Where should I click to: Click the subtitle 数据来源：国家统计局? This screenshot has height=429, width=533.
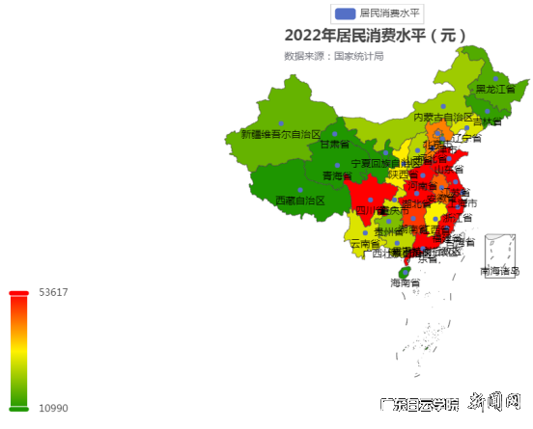click(x=333, y=56)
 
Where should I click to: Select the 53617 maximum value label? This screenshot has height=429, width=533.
click(x=53, y=292)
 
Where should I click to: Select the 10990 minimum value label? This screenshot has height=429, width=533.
click(x=53, y=408)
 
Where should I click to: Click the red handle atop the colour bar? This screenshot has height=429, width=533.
click(x=18, y=293)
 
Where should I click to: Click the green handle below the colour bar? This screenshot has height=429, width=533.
click(x=18, y=408)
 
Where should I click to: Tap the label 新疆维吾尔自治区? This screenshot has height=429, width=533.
click(x=280, y=134)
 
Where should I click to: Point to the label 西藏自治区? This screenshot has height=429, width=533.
click(x=300, y=201)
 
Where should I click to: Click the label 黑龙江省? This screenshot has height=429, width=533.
click(x=495, y=90)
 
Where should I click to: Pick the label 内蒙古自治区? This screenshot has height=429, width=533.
click(x=442, y=117)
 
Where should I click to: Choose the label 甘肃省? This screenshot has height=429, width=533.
click(x=336, y=145)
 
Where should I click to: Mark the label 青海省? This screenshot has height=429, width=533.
click(x=337, y=175)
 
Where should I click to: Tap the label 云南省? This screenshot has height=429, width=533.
click(x=365, y=245)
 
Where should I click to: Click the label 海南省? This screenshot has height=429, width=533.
click(x=406, y=282)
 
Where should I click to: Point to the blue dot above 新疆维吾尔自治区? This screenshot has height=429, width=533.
click(x=280, y=122)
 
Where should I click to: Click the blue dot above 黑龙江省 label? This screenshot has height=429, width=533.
click(x=495, y=78)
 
